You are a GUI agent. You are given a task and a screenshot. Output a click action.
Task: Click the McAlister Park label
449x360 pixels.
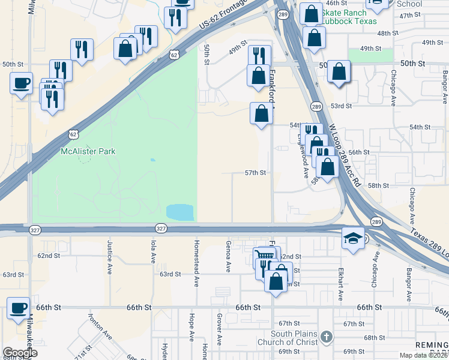(88, 152)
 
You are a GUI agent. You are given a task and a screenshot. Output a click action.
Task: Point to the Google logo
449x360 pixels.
(20, 352)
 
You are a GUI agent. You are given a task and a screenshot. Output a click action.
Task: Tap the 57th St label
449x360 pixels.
(255, 173)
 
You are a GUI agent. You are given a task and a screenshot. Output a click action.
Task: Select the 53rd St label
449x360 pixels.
(341, 106)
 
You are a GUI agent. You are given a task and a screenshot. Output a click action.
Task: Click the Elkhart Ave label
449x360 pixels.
(340, 283)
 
